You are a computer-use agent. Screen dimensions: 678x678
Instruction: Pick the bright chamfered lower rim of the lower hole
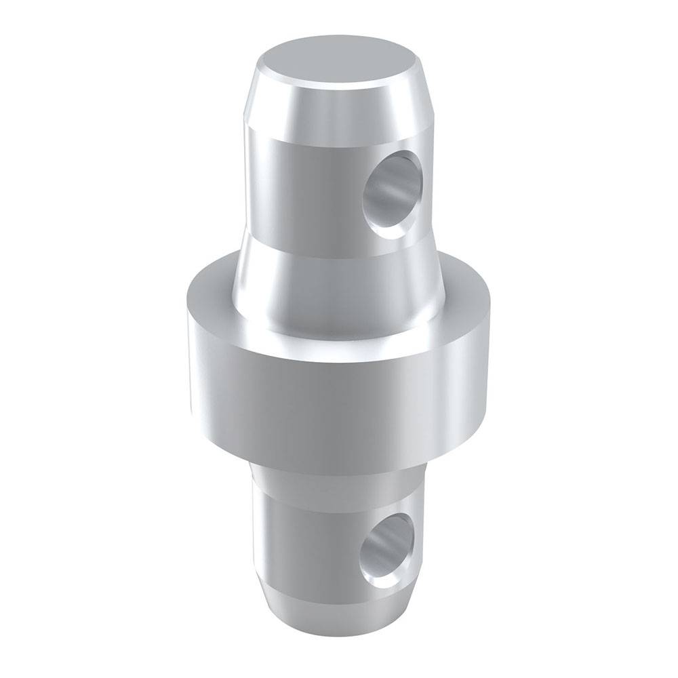pos(386,580)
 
